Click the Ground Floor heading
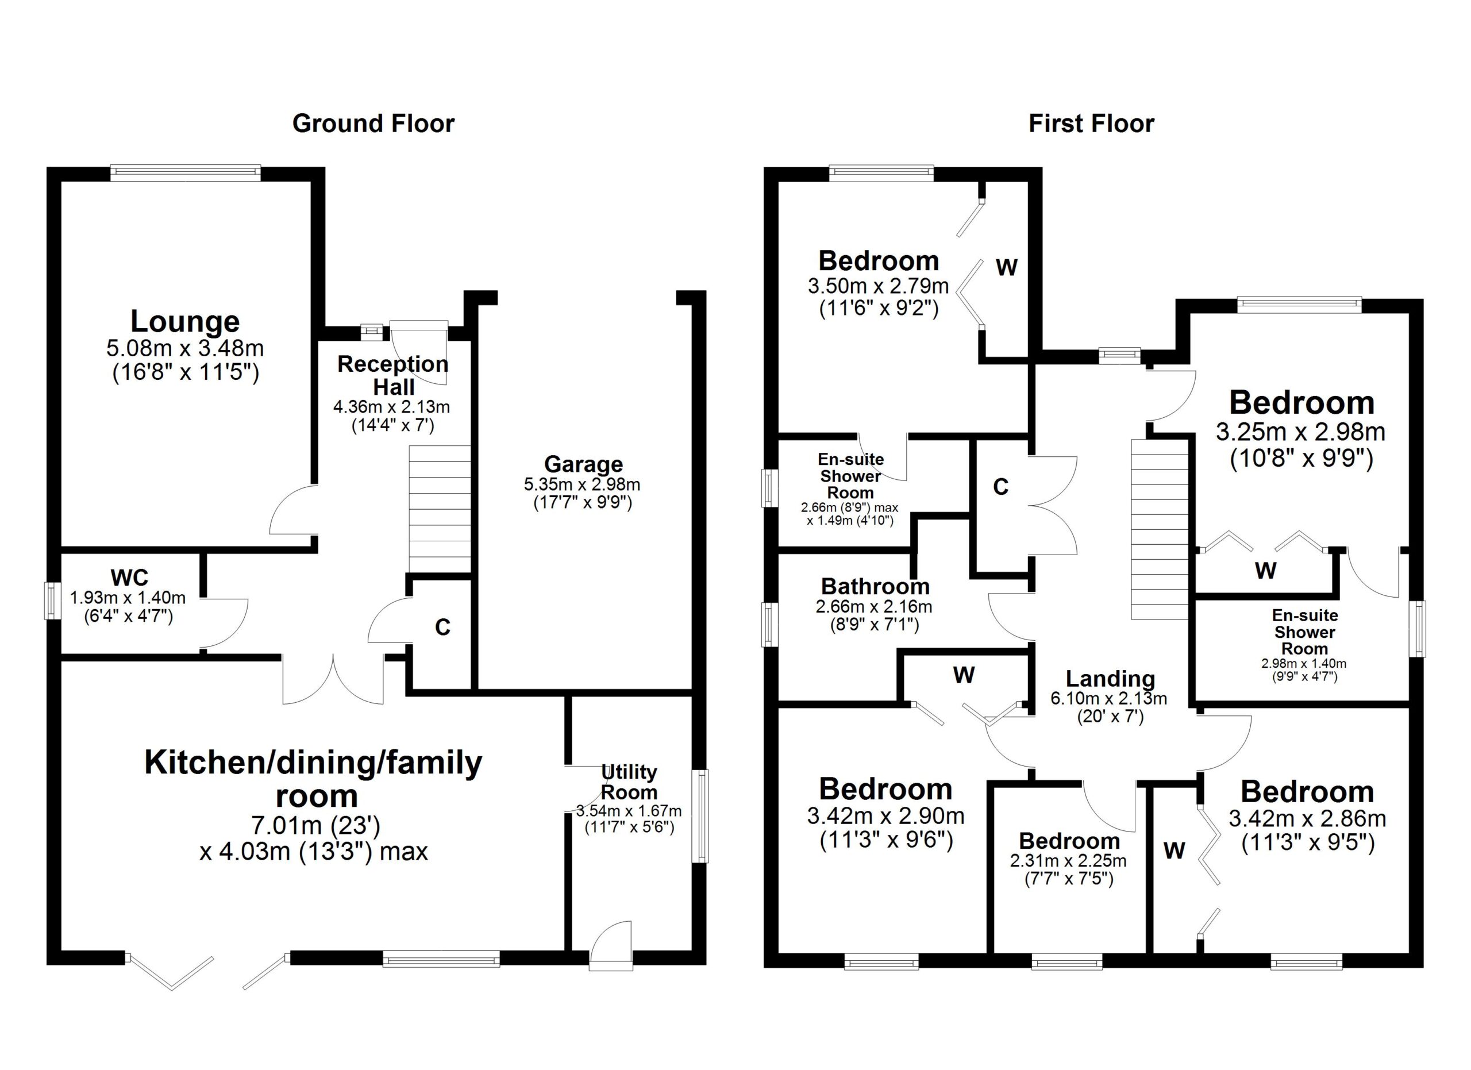373,123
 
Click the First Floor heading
1091,123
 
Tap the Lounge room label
185,321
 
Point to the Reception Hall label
393,375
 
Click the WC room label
129,576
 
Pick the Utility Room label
629,782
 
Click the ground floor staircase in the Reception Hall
439,509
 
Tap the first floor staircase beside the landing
1160,529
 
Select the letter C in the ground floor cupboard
442,627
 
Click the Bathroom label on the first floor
875,586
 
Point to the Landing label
1110,678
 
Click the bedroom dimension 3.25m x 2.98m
1300,432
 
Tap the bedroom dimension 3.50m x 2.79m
878,286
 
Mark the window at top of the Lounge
185,172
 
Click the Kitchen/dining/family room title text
313,778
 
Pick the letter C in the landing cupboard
1001,486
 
